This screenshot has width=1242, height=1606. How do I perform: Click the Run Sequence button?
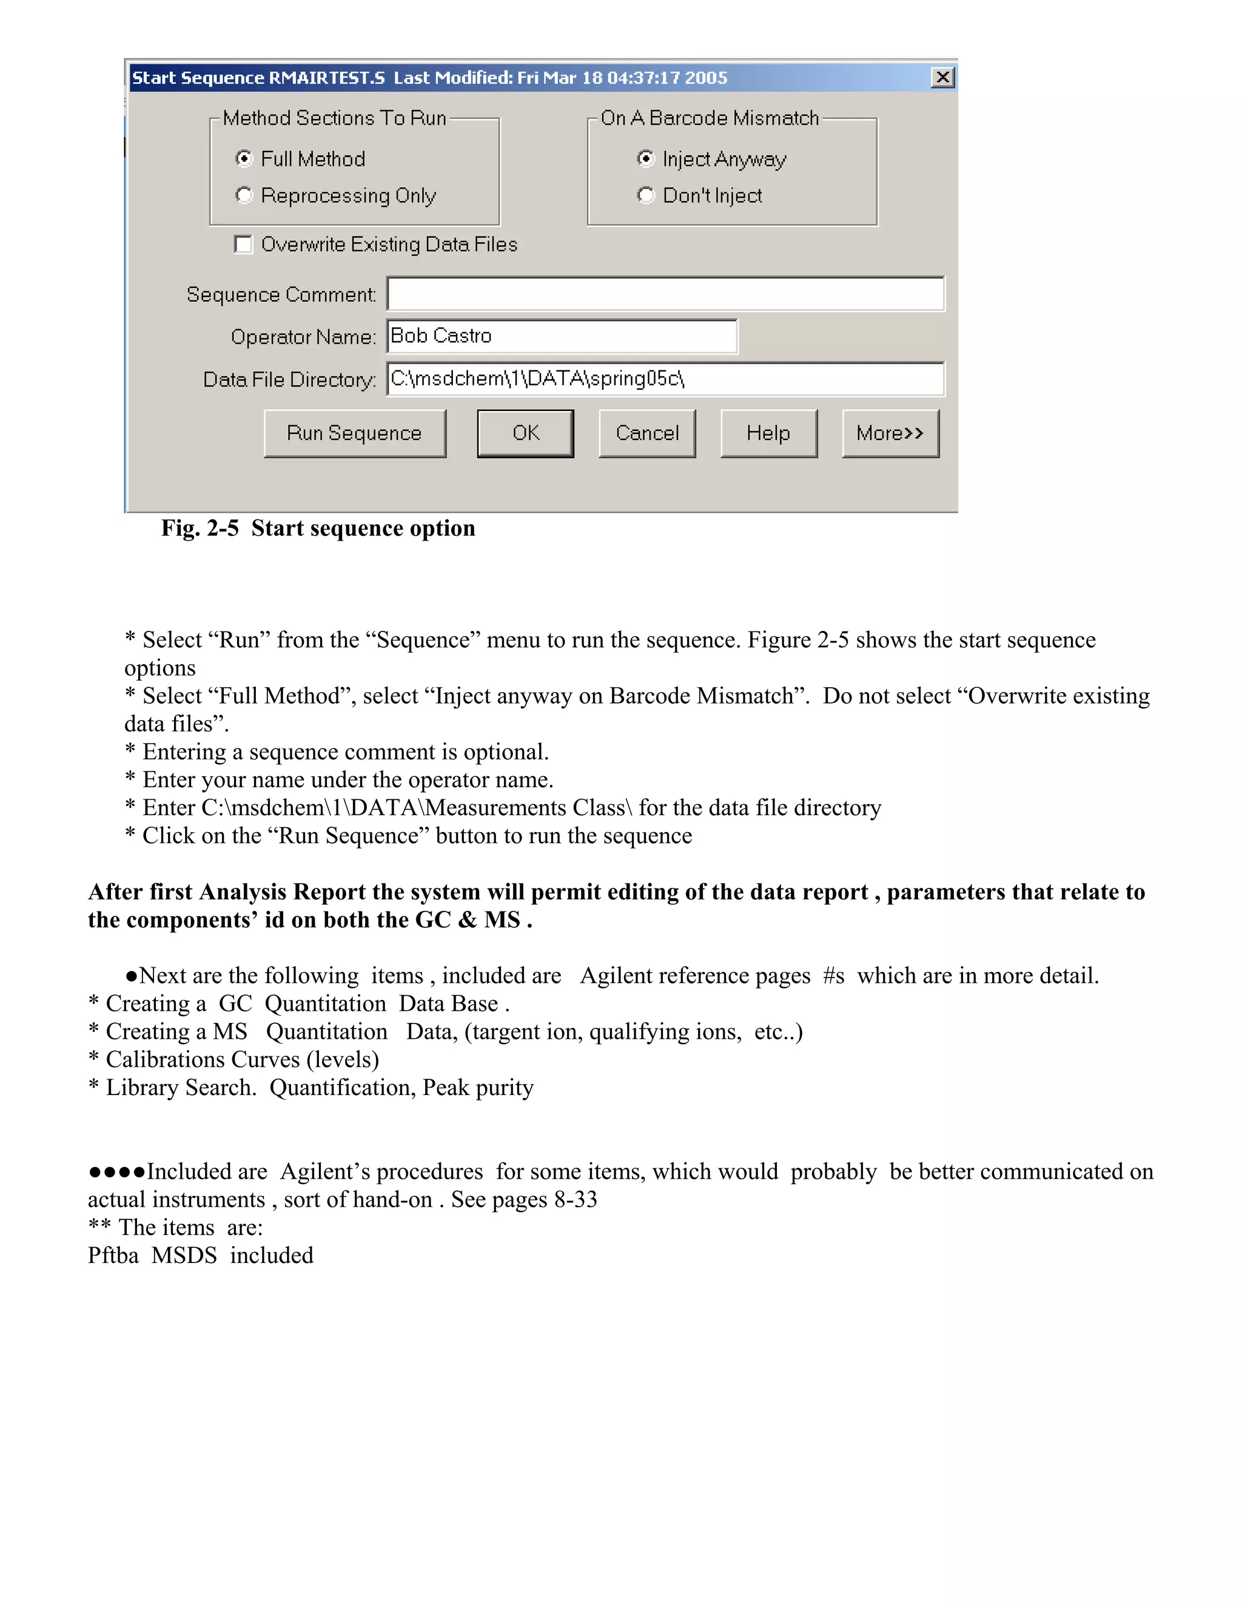coord(355,433)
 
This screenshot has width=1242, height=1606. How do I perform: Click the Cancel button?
coord(646,433)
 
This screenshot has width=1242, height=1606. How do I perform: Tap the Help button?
coord(768,433)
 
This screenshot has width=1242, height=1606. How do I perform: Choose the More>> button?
coord(890,433)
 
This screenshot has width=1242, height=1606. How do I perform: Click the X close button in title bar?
coord(942,77)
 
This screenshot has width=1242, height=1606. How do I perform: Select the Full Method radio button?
coord(244,159)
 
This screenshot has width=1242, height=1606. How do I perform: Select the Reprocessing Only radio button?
coord(244,195)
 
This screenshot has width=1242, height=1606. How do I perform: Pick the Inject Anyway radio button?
coord(645,159)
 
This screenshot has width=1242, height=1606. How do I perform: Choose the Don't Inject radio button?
coord(645,195)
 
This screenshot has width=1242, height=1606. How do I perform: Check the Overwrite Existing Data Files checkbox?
coord(243,244)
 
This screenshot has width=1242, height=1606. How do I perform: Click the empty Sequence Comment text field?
coord(665,294)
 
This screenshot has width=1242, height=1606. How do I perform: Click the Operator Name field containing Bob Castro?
coord(562,336)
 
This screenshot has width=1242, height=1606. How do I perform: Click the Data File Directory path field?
coord(665,379)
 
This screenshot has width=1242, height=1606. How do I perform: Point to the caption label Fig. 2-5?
coord(200,528)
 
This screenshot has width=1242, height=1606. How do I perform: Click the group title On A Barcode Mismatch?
coord(710,118)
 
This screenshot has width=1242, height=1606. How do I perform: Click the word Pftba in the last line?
coord(113,1255)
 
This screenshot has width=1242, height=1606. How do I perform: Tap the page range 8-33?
coord(576,1199)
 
